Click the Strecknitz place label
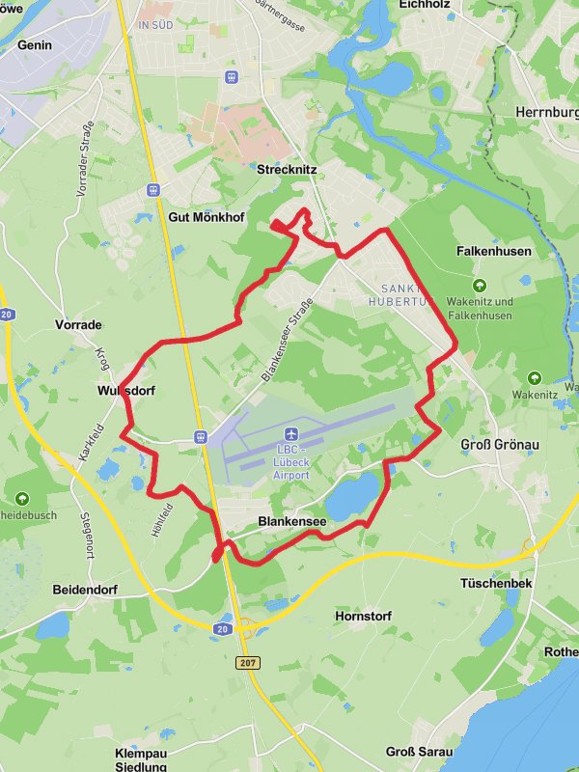[288, 169]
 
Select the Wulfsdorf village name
[126, 391]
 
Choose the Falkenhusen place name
[494, 251]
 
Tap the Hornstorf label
[361, 616]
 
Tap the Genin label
[35, 45]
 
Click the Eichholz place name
[427, 5]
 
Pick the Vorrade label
[79, 325]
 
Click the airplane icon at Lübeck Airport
[291, 435]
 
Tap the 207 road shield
[248, 663]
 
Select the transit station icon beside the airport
[202, 436]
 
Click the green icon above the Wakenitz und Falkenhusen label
[481, 285]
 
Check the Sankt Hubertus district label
[399, 294]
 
